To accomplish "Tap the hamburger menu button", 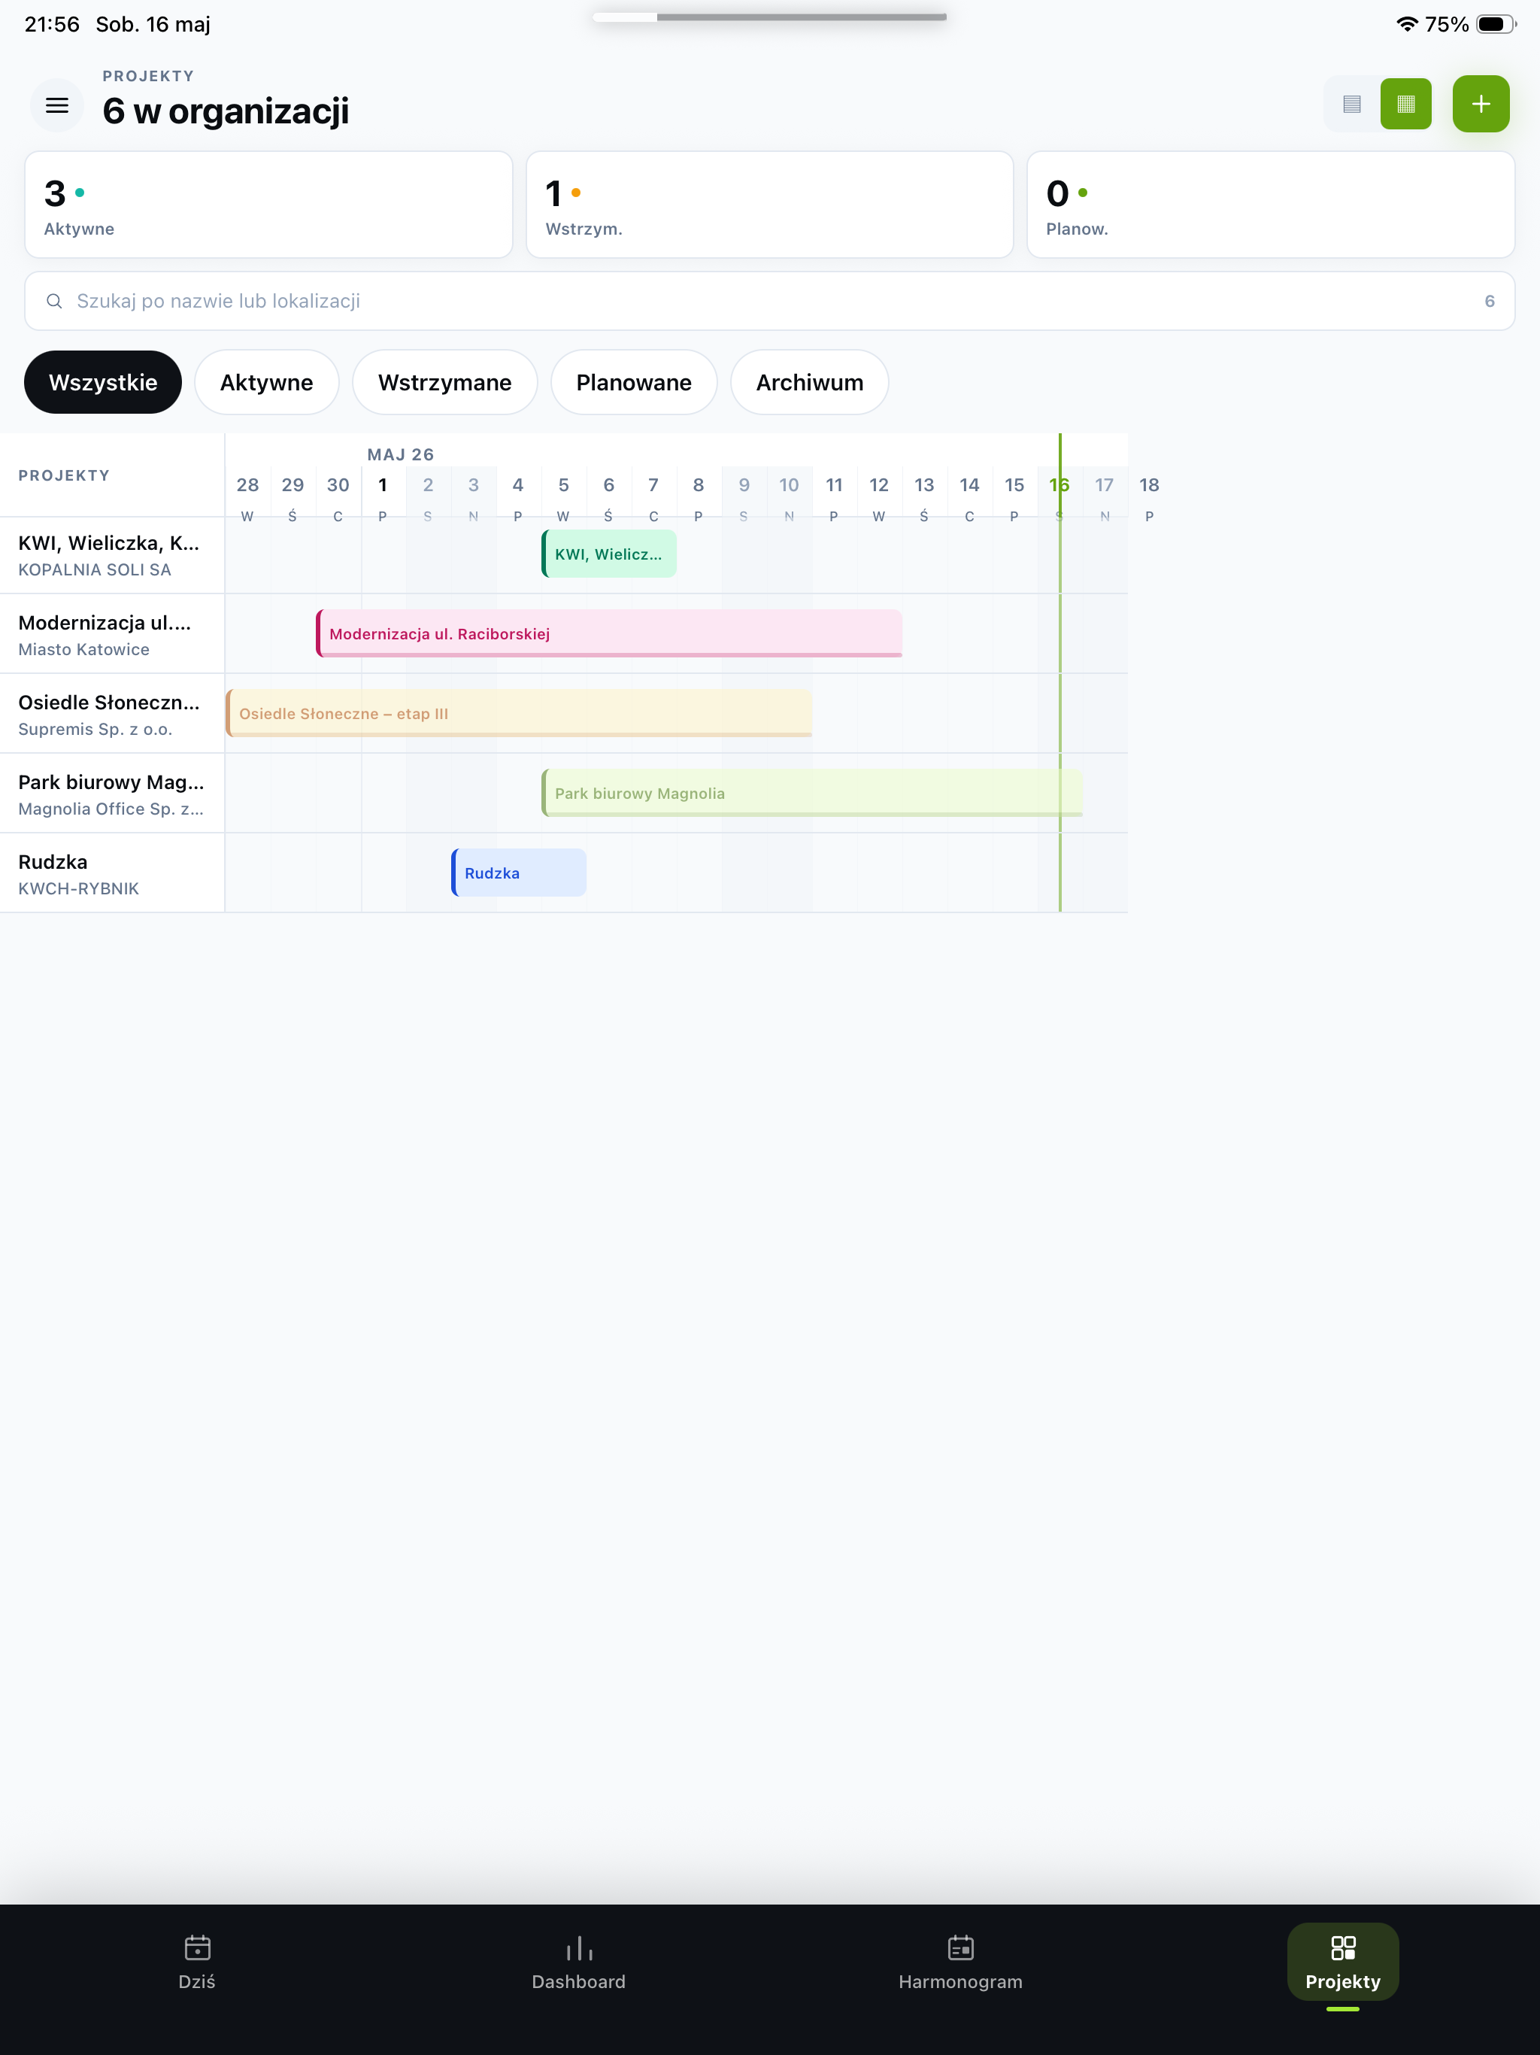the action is coord(56,105).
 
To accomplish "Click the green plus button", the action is coord(1481,104).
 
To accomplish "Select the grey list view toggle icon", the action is coord(1351,104).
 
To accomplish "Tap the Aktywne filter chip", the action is coord(267,382).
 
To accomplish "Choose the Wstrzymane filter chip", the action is coord(445,382).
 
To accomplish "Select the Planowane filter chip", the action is coord(633,382).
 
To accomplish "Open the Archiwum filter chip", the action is coord(809,382).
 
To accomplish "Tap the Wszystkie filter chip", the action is coord(103,382).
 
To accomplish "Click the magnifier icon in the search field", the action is coord(55,301).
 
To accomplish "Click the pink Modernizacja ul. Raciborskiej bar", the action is coord(609,633).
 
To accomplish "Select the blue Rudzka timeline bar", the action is coord(518,873).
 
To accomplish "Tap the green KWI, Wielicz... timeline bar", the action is coord(609,554).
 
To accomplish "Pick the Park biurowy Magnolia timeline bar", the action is coord(812,793).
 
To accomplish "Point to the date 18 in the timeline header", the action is coord(1149,485).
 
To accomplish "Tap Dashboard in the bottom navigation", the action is coord(579,1961).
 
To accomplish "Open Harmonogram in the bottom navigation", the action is coord(960,1961).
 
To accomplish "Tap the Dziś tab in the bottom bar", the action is coord(197,1961).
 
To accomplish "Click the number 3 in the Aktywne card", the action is coord(55,193).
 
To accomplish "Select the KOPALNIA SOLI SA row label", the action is coord(95,569).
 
